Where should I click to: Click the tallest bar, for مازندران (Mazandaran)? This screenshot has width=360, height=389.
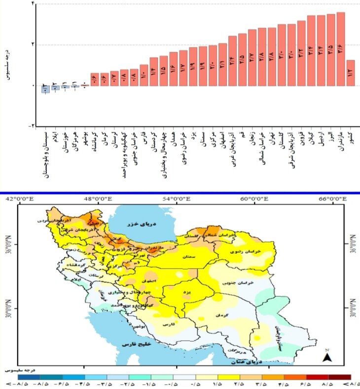(340, 49)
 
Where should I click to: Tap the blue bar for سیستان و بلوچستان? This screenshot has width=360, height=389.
(45, 89)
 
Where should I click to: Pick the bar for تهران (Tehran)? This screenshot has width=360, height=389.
(272, 56)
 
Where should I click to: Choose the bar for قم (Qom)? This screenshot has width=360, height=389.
(242, 59)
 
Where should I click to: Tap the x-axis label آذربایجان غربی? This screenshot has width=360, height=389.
(232, 149)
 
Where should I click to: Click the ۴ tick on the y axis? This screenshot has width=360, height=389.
(33, 4)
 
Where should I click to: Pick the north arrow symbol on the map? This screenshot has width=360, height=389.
(326, 356)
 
